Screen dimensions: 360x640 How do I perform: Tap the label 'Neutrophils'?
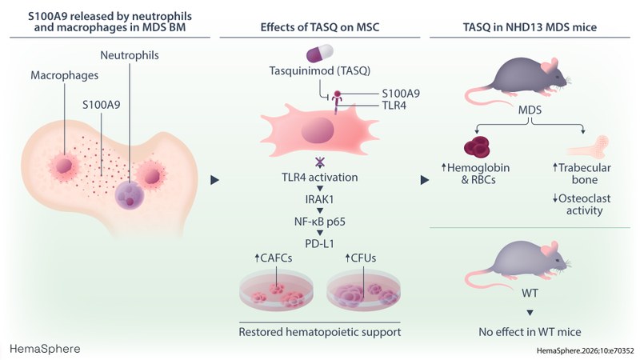pos(131,57)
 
